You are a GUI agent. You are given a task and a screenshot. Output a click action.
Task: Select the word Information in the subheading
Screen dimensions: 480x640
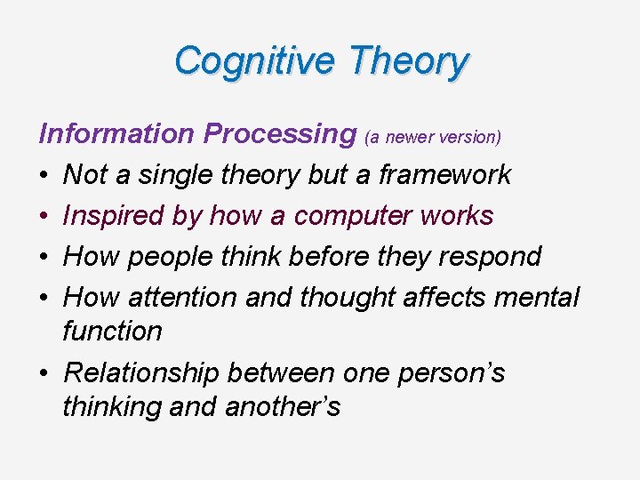click(x=116, y=133)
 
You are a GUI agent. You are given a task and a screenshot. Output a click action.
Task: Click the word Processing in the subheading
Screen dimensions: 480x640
click(x=279, y=133)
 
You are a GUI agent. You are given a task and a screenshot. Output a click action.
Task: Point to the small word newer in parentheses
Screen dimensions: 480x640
click(x=413, y=137)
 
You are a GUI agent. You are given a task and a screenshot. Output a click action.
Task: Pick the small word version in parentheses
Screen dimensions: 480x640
click(x=472, y=137)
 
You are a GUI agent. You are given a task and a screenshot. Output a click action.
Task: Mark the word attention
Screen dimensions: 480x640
click(x=181, y=297)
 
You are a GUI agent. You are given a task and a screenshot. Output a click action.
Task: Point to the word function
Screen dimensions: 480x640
click(x=112, y=331)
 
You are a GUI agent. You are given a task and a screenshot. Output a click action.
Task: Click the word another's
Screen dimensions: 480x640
click(x=283, y=407)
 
